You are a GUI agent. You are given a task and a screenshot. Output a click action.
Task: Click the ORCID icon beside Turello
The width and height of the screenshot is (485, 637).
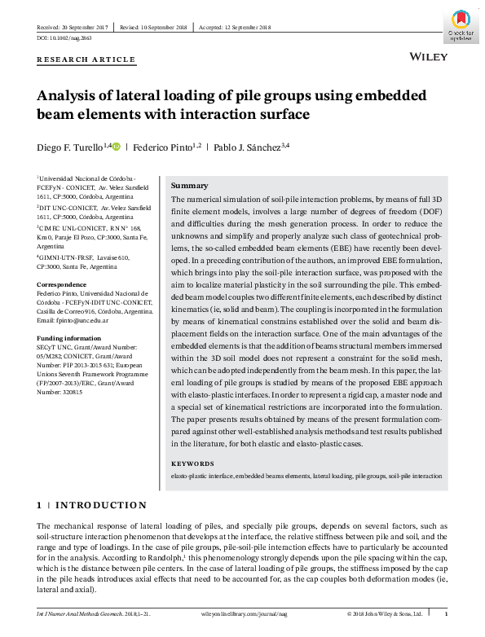117,147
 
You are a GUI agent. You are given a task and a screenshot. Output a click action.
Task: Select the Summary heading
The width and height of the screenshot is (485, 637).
189,186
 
